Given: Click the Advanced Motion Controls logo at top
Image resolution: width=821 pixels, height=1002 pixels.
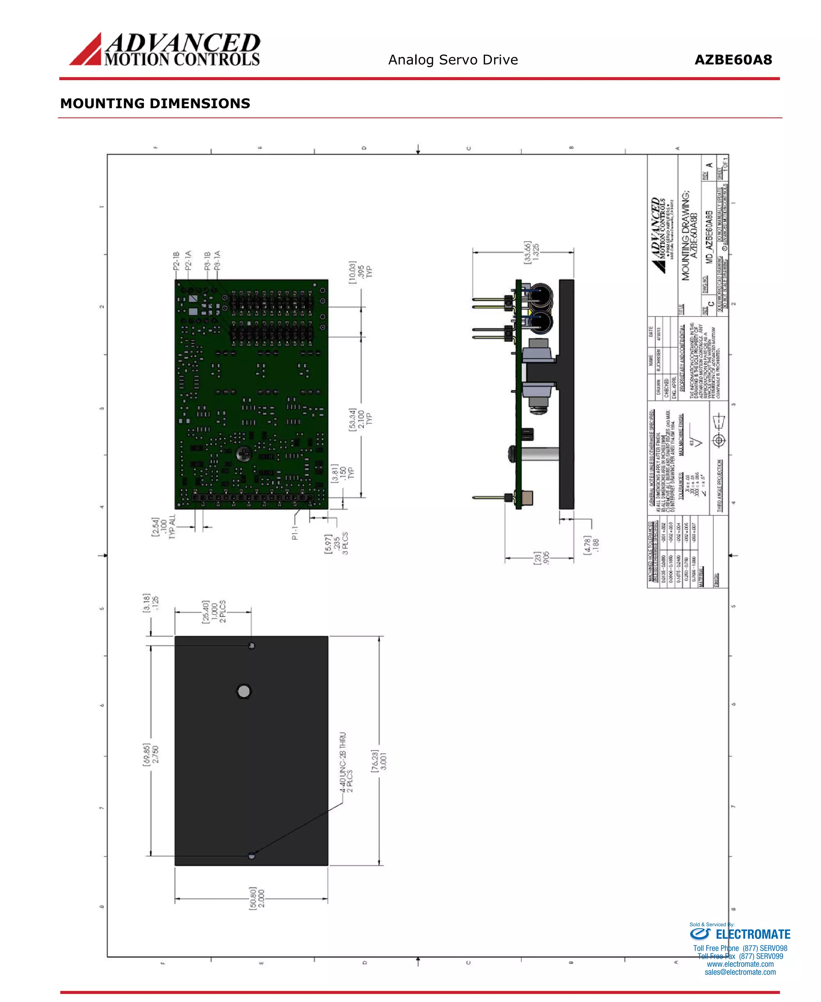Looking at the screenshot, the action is coord(165,49).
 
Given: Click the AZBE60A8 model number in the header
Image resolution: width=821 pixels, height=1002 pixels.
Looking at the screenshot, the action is coord(733,60).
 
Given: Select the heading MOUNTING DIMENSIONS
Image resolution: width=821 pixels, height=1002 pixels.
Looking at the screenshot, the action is coord(155,103).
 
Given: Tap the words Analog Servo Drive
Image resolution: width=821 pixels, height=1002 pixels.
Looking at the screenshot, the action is coord(453,60).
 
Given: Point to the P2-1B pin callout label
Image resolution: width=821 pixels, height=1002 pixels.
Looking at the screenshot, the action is coord(176,261).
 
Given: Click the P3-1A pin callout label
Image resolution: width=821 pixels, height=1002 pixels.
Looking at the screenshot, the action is coord(216,261).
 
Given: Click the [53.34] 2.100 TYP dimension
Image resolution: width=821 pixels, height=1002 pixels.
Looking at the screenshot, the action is coord(360,418).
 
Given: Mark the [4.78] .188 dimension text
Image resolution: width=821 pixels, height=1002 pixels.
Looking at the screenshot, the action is coord(591,545).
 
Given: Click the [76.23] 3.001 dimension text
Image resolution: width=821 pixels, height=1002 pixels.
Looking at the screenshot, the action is coord(379,760).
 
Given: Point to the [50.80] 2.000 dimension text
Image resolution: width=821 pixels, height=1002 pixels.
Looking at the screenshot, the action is coord(257,897).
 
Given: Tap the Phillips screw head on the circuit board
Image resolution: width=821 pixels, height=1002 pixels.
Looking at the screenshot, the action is coord(244,455).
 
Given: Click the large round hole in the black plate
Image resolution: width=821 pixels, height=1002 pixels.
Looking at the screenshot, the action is coord(244,691).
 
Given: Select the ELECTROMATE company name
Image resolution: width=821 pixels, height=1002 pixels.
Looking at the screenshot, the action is coord(753,934).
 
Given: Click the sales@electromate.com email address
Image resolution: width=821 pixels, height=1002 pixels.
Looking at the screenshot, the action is coord(740,972).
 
